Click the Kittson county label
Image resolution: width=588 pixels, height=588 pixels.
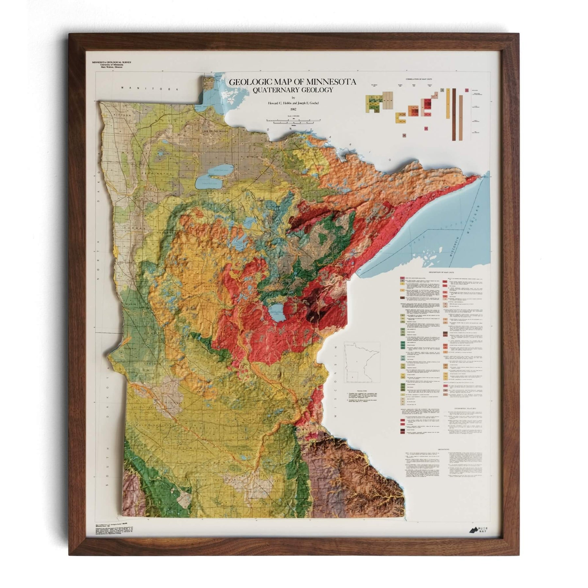(x=122, y=115)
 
